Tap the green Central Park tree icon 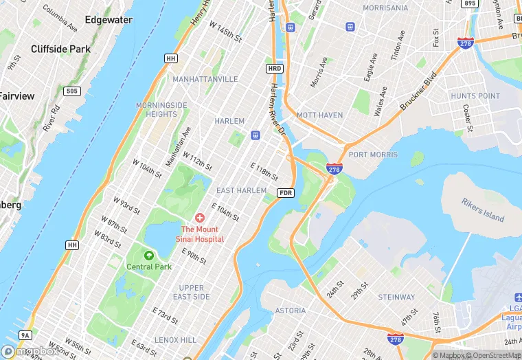(x=148, y=255)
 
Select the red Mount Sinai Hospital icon (x=200, y=218)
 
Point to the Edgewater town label (x=109, y=20)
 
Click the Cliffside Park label (x=60, y=49)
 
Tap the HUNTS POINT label (x=475, y=96)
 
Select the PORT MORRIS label (x=373, y=155)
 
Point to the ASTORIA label (x=291, y=311)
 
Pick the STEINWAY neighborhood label (x=396, y=297)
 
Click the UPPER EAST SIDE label (x=191, y=292)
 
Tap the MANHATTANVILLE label (x=205, y=80)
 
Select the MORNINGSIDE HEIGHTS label (x=161, y=109)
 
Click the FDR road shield (x=286, y=193)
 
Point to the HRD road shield (x=275, y=69)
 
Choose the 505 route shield (x=72, y=91)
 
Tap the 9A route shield (x=25, y=335)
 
